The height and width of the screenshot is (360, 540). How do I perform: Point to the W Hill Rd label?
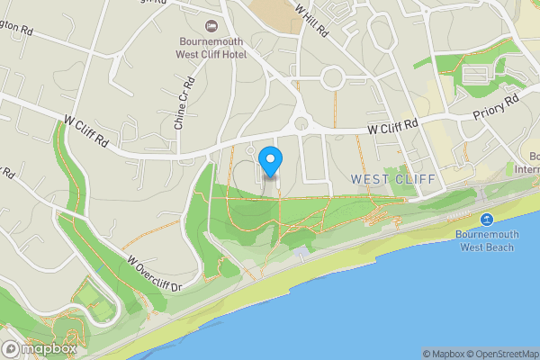[x=312, y=19]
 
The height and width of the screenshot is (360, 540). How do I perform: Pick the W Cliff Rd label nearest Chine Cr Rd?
[x=86, y=130]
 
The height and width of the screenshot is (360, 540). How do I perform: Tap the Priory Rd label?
[x=496, y=107]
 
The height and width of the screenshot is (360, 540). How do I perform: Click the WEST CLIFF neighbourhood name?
[x=392, y=179]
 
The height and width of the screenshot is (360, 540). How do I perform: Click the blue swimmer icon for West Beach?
[x=487, y=220]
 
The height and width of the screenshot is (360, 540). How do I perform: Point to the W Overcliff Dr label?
[x=155, y=272]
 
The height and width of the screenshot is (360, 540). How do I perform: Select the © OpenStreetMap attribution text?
[x=507, y=354]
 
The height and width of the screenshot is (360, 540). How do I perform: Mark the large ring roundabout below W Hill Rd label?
[x=333, y=78]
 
